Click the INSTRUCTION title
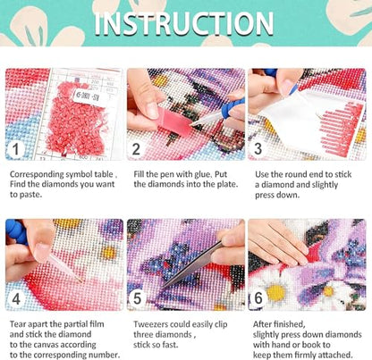click(x=184, y=23)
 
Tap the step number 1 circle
click(x=15, y=148)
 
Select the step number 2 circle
click(x=136, y=148)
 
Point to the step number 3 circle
click(x=258, y=148)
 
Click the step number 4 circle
click(x=16, y=298)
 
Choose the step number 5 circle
click(x=137, y=298)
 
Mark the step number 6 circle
click(x=258, y=298)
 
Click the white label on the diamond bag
click(x=90, y=97)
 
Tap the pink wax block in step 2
click(x=174, y=121)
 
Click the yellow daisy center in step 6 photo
click(x=275, y=292)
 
